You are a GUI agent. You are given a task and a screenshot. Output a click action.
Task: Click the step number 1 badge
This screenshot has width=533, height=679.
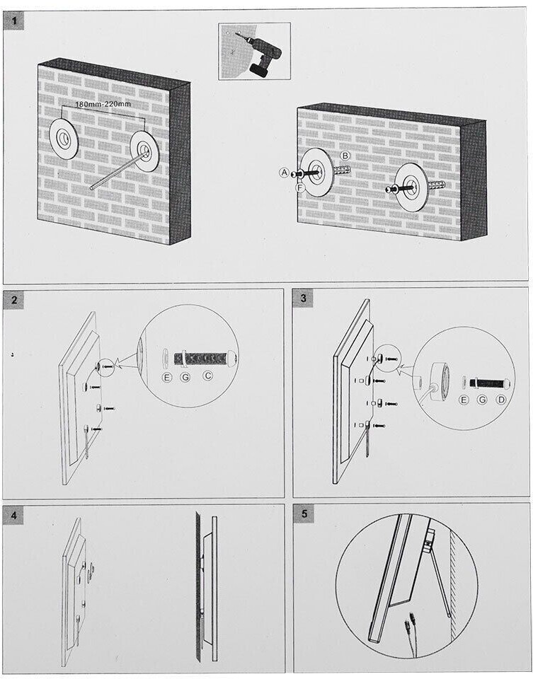[14, 21]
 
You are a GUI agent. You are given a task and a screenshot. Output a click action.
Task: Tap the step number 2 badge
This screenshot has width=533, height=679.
[14, 299]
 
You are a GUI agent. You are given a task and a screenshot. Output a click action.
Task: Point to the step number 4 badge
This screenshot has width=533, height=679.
[14, 515]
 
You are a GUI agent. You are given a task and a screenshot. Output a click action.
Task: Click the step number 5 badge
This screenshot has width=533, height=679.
[304, 514]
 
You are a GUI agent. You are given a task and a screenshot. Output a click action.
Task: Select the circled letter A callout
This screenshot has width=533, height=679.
[284, 173]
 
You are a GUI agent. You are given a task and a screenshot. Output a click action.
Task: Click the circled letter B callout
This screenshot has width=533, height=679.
[345, 155]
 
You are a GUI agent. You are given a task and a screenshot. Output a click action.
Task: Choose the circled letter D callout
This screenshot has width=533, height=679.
[501, 401]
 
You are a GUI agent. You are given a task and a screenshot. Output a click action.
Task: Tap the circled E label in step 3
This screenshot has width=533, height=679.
[464, 401]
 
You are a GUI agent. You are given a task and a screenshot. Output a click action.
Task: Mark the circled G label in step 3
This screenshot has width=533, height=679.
[483, 401]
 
